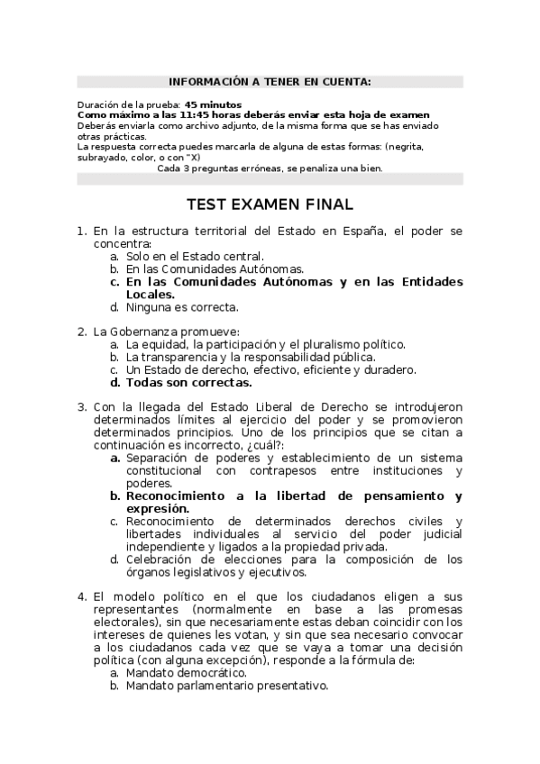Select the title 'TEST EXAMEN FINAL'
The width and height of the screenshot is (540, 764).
pos(270,205)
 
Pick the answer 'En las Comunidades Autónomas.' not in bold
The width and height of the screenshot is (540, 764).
pos(215,269)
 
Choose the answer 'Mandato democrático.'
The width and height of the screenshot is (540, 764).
pos(185,672)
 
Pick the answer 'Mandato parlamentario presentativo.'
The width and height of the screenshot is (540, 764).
pos(226,685)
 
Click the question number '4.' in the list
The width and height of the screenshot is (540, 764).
pos(81,596)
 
